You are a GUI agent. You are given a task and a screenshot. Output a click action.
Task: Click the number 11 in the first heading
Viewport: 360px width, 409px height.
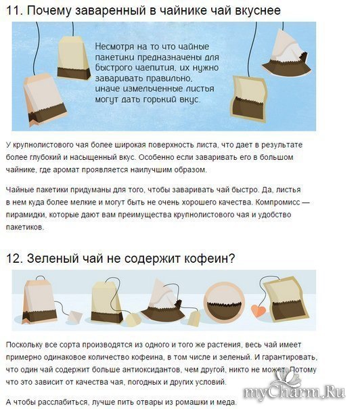(14, 11)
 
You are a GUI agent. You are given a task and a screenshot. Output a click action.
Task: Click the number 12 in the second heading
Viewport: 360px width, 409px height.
(14, 259)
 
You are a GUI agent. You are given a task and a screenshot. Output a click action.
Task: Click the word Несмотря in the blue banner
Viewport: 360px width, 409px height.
(114, 47)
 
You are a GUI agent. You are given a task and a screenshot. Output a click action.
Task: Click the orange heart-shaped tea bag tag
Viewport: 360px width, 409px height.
(258, 311)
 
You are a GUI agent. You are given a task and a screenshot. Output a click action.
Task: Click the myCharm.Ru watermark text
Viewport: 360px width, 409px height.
(294, 392)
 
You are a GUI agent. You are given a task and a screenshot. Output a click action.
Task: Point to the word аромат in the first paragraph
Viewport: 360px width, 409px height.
(66, 170)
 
